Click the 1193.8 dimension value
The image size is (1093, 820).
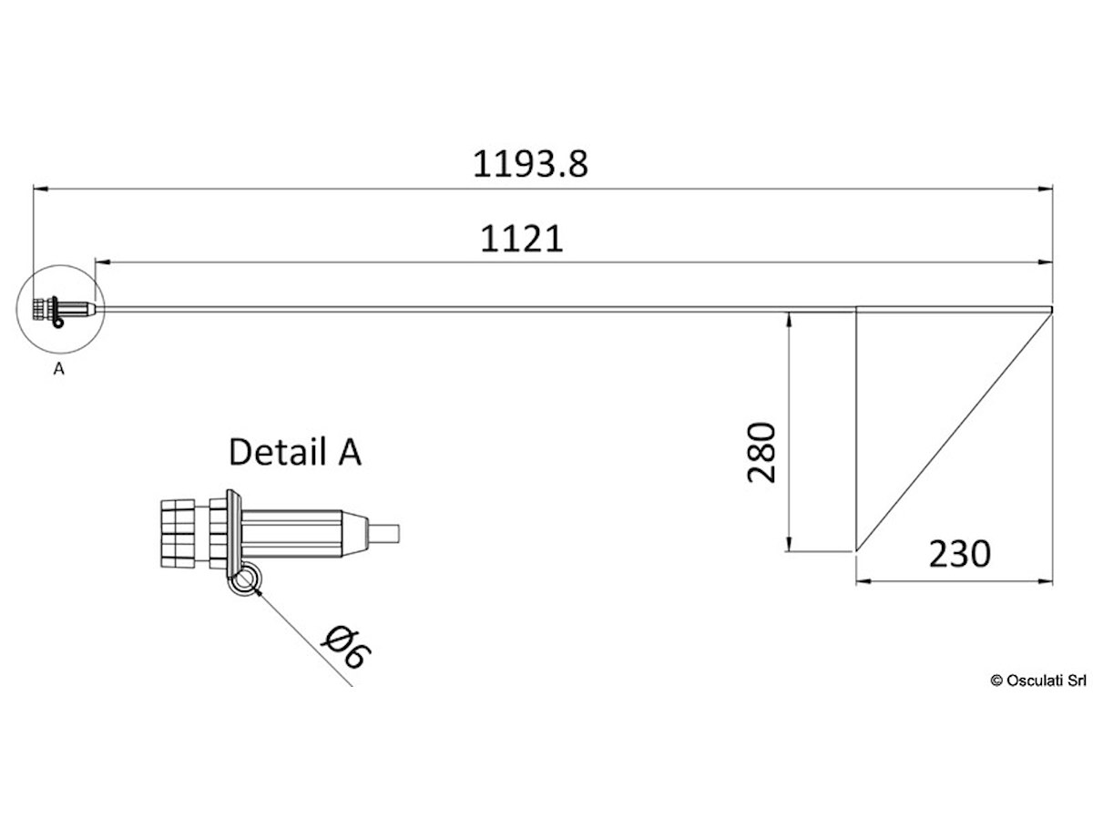click(x=530, y=164)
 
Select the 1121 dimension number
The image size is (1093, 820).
click(x=521, y=239)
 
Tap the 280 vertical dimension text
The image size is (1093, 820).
click(x=761, y=452)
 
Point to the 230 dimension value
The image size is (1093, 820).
click(x=959, y=554)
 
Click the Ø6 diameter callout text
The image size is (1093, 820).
click(x=346, y=647)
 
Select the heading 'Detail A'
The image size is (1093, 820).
click(x=295, y=452)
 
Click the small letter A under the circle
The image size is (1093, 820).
click(x=59, y=369)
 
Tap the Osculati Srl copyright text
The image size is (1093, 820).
click(x=1038, y=681)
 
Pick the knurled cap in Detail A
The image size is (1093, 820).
click(x=178, y=534)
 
